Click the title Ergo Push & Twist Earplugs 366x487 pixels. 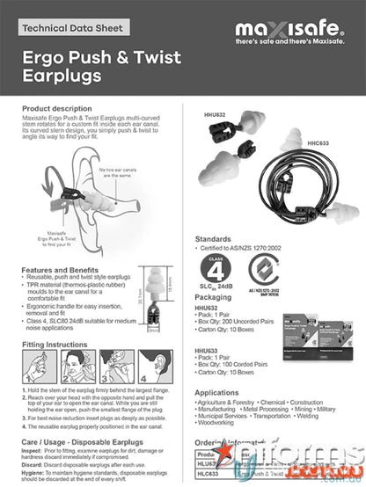click(101, 67)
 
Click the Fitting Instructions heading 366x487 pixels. click(58, 345)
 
